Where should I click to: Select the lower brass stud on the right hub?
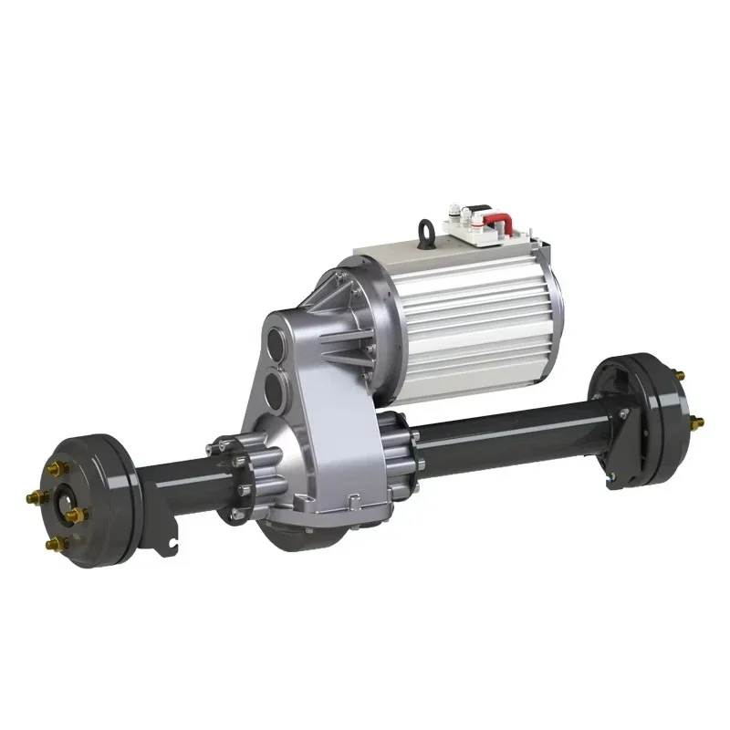coord(698,422)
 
